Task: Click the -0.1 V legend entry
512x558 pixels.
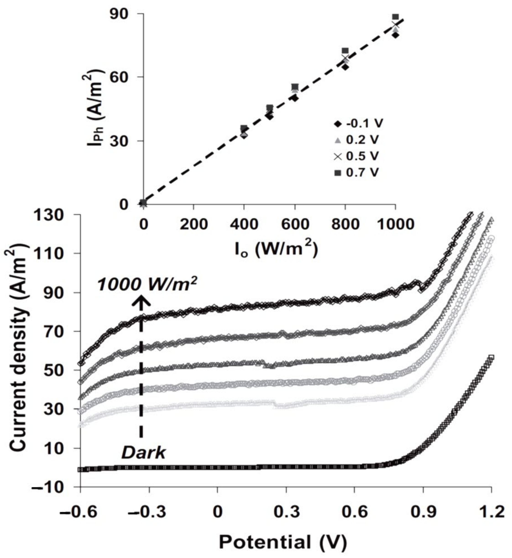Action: click(x=357, y=123)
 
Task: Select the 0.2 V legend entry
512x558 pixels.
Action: click(x=357, y=140)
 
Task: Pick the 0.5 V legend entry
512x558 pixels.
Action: click(x=357, y=156)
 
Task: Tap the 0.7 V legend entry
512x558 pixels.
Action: click(x=357, y=173)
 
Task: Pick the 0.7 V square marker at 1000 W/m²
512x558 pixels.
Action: click(x=396, y=17)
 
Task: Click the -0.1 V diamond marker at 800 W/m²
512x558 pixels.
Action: click(x=345, y=67)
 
